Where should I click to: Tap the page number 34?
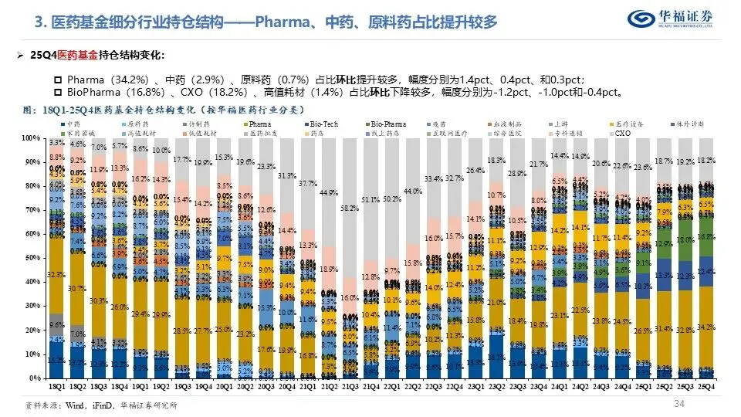[x=680, y=404]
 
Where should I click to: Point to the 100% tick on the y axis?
[x=32, y=138]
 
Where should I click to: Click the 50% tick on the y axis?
[x=34, y=259]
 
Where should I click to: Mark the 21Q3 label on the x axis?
[x=349, y=385]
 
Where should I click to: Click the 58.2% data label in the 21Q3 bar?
[x=350, y=208]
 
